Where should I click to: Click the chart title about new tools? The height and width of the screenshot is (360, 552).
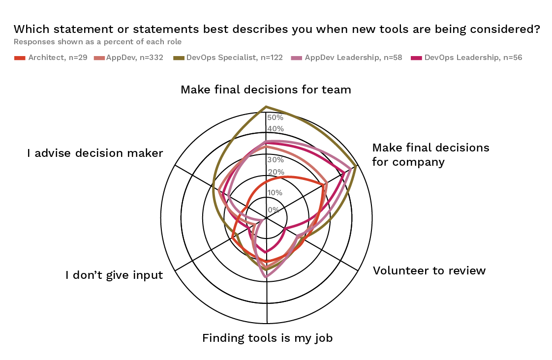[277, 29]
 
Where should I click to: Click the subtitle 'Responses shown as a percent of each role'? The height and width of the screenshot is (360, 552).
[97, 42]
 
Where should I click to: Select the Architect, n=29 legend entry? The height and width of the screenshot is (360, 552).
[51, 58]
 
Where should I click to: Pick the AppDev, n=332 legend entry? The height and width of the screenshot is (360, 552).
[128, 58]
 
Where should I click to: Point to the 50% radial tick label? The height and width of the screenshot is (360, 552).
[275, 118]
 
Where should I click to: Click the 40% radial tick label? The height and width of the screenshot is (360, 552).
[275, 129]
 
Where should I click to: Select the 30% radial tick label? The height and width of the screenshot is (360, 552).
[275, 160]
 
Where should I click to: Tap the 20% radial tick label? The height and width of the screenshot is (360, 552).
[275, 172]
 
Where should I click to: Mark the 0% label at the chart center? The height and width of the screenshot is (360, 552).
[273, 210]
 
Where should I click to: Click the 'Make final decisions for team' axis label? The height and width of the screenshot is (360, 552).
[266, 90]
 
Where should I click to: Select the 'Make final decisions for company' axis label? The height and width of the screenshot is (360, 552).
[430, 154]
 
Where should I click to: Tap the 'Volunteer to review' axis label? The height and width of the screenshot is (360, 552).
[429, 270]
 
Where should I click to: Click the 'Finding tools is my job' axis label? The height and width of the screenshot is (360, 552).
[268, 338]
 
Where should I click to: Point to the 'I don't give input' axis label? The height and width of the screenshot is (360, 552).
[114, 275]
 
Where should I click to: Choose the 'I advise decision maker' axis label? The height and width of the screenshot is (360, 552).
[95, 153]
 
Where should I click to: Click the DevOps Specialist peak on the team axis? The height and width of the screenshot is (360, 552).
[266, 106]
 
